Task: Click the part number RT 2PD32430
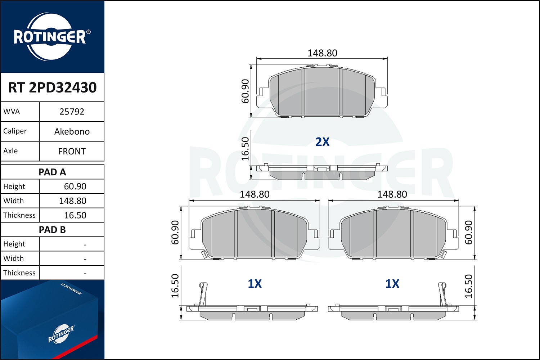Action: click(x=52, y=87)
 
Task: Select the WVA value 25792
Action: click(x=72, y=112)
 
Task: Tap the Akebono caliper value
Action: click(x=72, y=131)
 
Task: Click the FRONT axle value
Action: click(x=72, y=151)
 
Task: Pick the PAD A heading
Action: click(x=52, y=172)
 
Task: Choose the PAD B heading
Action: click(x=52, y=230)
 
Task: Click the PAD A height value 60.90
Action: click(x=75, y=186)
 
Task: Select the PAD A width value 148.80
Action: click(x=73, y=201)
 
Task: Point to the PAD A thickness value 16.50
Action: click(x=75, y=215)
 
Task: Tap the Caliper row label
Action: click(x=15, y=131)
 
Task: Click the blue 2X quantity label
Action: click(x=322, y=142)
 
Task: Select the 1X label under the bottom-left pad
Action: click(x=255, y=284)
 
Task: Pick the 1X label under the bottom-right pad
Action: click(x=392, y=284)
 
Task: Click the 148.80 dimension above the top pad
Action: click(x=322, y=53)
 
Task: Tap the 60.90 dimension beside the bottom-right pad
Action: click(x=468, y=233)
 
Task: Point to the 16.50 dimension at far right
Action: click(x=468, y=286)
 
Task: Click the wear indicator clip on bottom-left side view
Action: click(x=203, y=293)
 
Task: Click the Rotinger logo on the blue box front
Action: click(x=61, y=334)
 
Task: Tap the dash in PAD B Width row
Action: click(x=85, y=259)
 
